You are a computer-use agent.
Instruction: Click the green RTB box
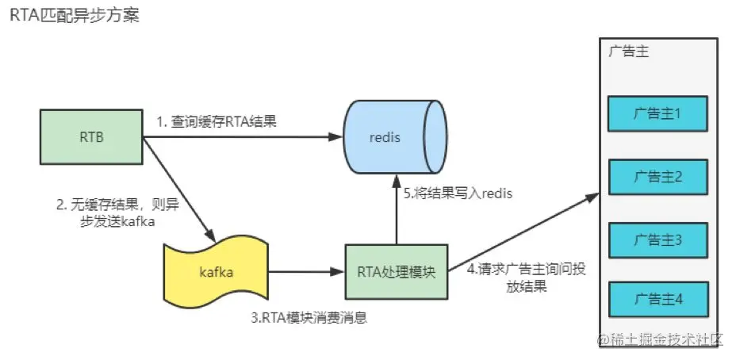tap(90, 137)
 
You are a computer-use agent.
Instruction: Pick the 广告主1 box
tap(657, 114)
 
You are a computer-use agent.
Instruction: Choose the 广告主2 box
tap(657, 176)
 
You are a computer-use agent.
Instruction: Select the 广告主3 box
tap(657, 238)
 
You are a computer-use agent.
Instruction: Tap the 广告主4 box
tap(657, 299)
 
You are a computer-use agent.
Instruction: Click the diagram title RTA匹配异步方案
tap(75, 15)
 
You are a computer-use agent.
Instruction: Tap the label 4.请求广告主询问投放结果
tap(527, 278)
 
